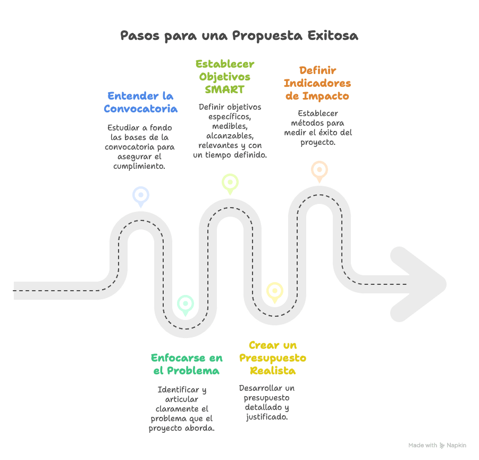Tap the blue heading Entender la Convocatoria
140,102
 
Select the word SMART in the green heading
224,89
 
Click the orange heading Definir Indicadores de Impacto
317,83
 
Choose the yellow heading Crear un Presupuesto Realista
273,358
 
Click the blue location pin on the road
141,196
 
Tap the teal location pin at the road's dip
185,304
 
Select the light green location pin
230,183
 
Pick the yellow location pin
274,291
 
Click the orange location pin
319,170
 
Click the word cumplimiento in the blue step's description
139,166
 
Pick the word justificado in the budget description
267,417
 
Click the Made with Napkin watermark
437,445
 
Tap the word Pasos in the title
138,36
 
